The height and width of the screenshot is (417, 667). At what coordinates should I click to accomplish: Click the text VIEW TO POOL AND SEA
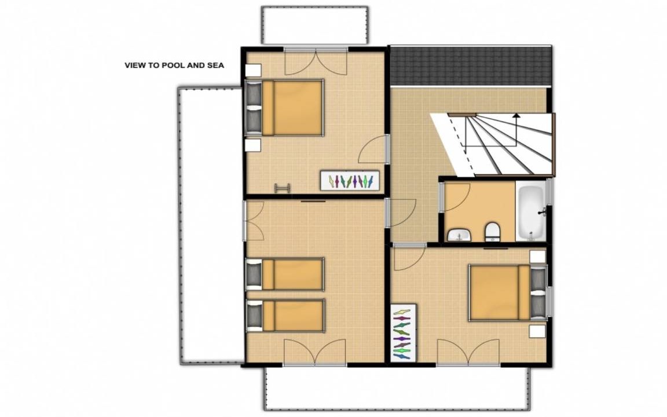[174, 65]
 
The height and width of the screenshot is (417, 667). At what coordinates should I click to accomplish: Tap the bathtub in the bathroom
[531, 211]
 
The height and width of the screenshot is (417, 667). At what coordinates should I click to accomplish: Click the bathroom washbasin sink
[459, 235]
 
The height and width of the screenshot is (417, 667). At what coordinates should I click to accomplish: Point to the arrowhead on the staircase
[516, 115]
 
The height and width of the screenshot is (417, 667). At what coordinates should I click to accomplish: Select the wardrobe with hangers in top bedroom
[350, 181]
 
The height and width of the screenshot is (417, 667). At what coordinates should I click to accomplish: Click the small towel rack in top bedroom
[283, 188]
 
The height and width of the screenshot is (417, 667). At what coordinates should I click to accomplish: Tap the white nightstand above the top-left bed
[254, 69]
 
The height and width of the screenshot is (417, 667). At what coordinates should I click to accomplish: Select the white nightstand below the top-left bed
[253, 145]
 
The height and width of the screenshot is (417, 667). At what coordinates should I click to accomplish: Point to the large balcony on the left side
[210, 225]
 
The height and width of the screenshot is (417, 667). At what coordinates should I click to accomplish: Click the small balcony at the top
[315, 25]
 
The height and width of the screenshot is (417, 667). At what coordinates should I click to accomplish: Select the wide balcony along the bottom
[397, 388]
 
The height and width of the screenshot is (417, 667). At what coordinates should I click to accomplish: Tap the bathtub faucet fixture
[542, 211]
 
